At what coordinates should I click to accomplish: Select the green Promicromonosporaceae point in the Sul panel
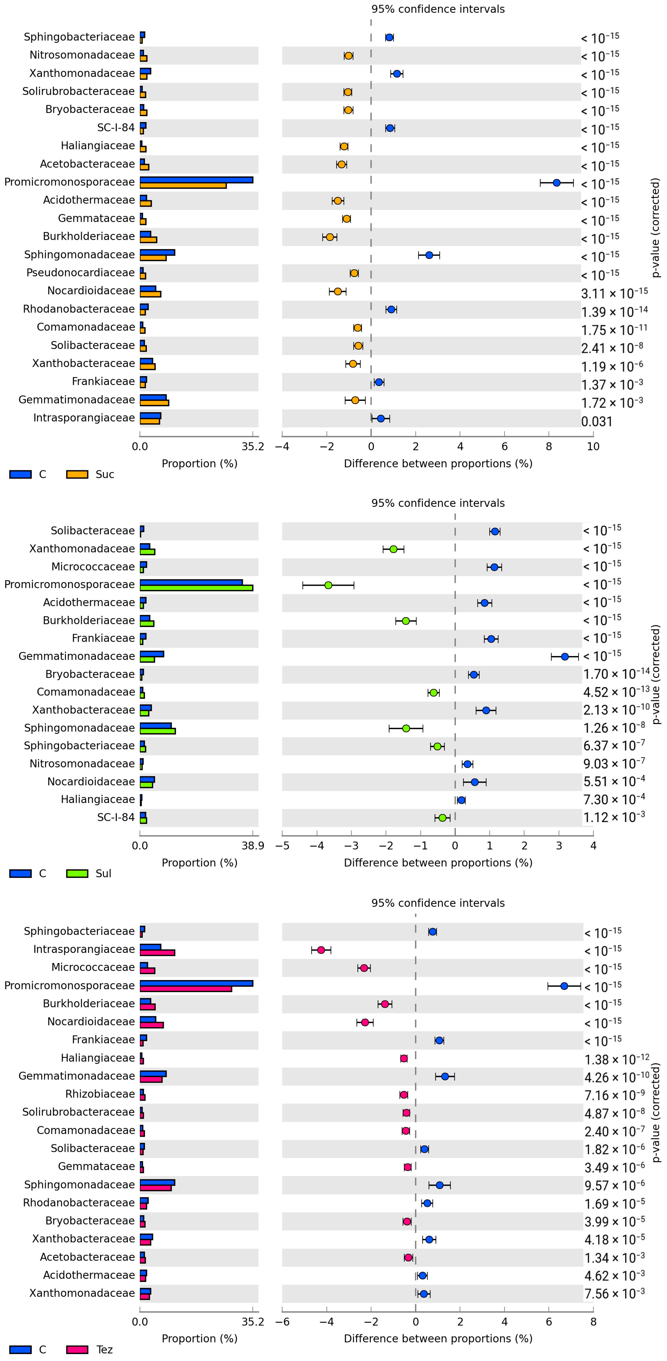[328, 585]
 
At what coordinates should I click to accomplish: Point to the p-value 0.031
[597, 422]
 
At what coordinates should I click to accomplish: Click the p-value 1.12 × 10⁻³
[614, 817]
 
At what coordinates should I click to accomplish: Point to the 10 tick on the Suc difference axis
[593, 446]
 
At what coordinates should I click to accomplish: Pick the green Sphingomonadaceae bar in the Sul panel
[158, 731]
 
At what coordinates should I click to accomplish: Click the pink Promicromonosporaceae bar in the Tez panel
[186, 989]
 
